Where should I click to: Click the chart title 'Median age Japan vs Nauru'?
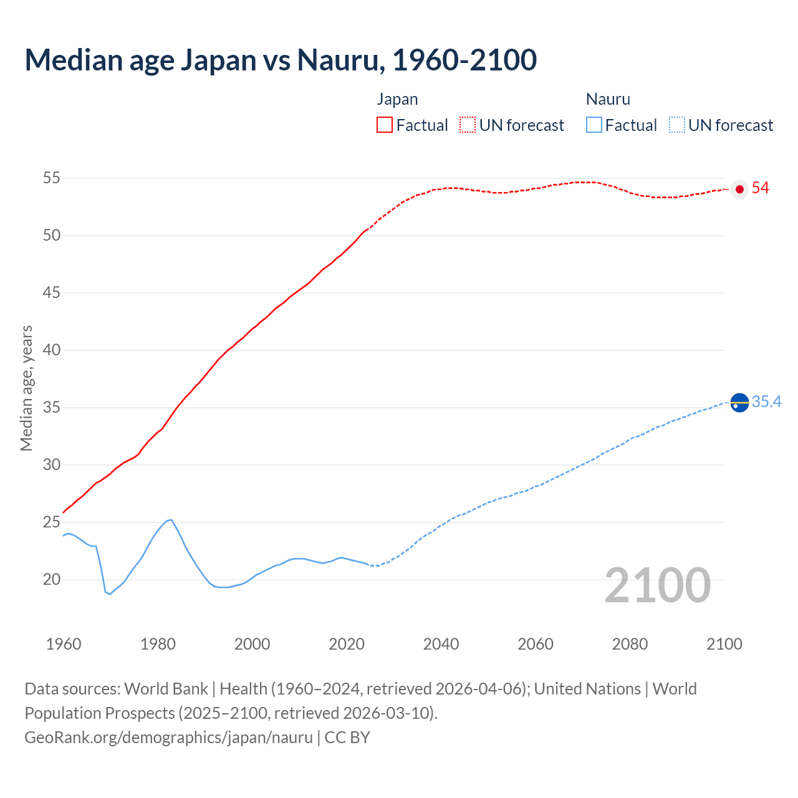pos(281,60)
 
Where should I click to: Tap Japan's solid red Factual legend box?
pos(385,125)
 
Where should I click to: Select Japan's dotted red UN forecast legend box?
pos(468,125)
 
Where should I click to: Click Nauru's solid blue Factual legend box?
pos(594,125)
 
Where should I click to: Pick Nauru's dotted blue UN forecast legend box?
pos(677,125)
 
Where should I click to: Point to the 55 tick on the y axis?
pos(52,178)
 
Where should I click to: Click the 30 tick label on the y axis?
pos(52,465)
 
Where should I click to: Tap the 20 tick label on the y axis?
pos(52,580)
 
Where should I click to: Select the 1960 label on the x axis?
pos(64,644)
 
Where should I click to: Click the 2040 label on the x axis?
pos(441,644)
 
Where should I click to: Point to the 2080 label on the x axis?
pos(630,644)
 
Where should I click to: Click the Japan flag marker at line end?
pos(739,189)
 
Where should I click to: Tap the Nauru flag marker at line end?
pos(739,403)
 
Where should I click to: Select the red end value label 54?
pos(761,188)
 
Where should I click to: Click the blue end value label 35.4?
pos(766,402)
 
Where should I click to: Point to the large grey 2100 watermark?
pos(658,585)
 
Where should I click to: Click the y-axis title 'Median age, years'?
pos(26,388)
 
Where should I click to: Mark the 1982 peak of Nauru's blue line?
pos(171,519)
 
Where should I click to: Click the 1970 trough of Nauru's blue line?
pos(110,594)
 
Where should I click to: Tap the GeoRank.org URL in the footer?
pos(168,738)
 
